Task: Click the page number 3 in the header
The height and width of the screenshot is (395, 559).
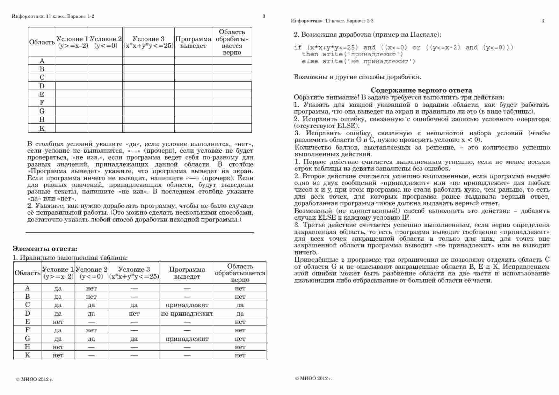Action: coord(264,16)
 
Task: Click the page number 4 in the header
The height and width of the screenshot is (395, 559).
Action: coord(543,21)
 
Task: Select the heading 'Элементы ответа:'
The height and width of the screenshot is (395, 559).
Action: coord(45,249)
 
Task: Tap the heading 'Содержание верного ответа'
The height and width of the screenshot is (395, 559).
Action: coord(421,90)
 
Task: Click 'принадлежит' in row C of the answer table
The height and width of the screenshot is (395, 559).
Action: coord(187,305)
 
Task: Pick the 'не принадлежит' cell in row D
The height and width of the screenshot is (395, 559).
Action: coord(187,313)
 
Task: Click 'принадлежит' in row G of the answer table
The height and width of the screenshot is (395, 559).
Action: coord(187,339)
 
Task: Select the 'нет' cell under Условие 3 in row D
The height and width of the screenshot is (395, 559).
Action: coord(134,313)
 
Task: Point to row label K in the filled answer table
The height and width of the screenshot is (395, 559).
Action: coord(27,355)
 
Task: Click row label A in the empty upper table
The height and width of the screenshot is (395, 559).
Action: coord(42,61)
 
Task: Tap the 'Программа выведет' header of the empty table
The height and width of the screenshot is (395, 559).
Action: coord(193,42)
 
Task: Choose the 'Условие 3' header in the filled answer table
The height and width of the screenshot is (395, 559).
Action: coord(134,273)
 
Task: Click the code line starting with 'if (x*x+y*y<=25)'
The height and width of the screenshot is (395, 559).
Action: coord(403,48)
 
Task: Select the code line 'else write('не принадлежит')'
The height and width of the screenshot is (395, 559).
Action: coord(359,61)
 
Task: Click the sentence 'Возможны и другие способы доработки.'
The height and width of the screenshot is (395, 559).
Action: coord(357,77)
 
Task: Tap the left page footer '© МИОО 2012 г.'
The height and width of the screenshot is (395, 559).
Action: coord(35,379)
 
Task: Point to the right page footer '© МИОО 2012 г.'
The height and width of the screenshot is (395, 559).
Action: coord(314,378)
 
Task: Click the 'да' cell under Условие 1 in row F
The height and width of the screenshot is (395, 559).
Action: coord(58,330)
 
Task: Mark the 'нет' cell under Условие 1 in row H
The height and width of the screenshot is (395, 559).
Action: coord(58,347)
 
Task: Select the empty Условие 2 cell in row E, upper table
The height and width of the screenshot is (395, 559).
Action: coord(106,94)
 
